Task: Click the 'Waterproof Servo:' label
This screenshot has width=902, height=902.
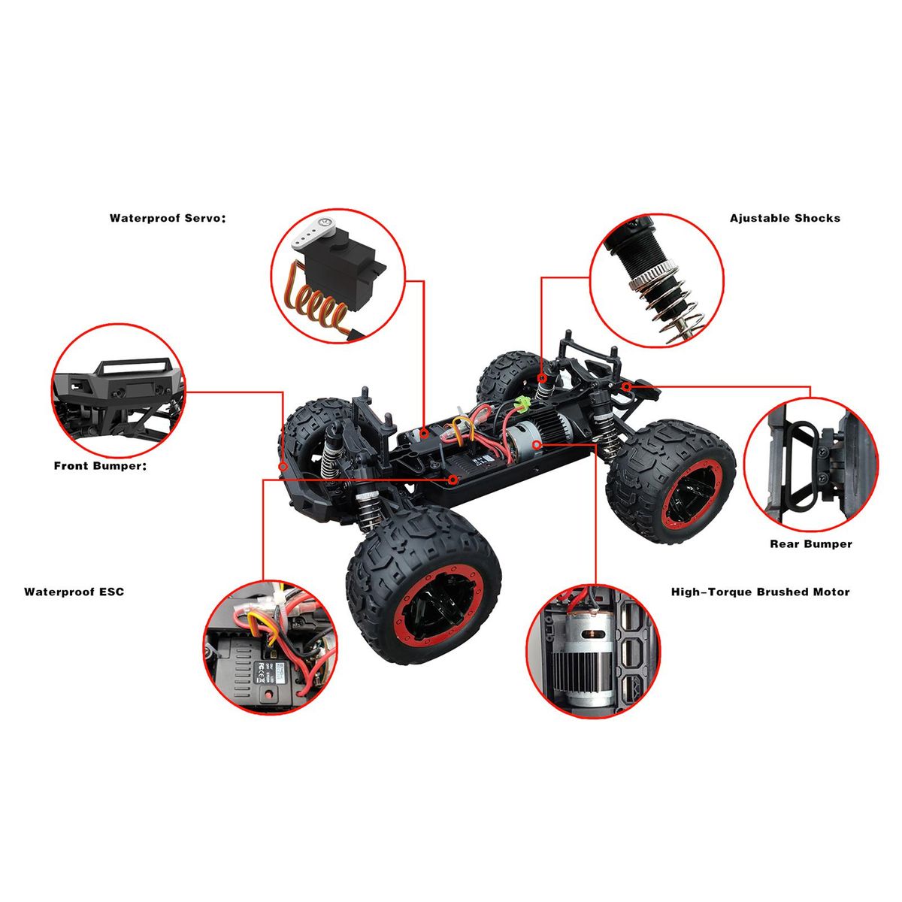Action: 167,218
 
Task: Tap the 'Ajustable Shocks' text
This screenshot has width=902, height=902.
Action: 785,218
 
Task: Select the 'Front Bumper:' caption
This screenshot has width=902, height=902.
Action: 100,466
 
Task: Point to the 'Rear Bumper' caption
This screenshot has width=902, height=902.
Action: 811,544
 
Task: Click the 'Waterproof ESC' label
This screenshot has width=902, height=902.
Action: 74,592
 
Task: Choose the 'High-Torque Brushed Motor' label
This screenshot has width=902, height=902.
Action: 760,592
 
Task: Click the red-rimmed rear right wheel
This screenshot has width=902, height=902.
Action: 670,482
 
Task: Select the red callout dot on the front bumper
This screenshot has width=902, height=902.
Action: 283,467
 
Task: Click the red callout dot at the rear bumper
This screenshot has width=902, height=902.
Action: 627,386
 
